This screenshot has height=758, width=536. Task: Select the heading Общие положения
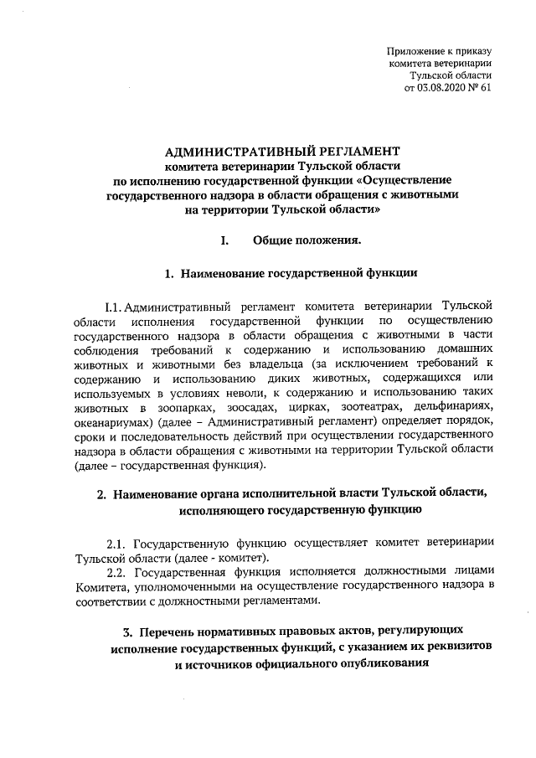307,241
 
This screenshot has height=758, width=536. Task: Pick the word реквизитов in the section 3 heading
450,648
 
